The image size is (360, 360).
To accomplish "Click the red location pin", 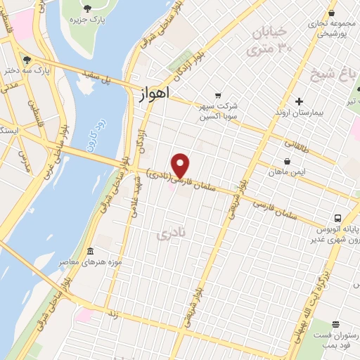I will click(181, 165).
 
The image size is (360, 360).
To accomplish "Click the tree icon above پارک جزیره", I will click(87, 8).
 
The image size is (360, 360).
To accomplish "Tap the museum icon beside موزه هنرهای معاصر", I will click(91, 251).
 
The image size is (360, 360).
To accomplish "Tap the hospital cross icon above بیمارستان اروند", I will click(299, 102).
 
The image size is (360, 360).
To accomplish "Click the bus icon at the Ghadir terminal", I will click(338, 218).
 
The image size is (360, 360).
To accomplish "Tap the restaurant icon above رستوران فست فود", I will click(335, 325).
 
